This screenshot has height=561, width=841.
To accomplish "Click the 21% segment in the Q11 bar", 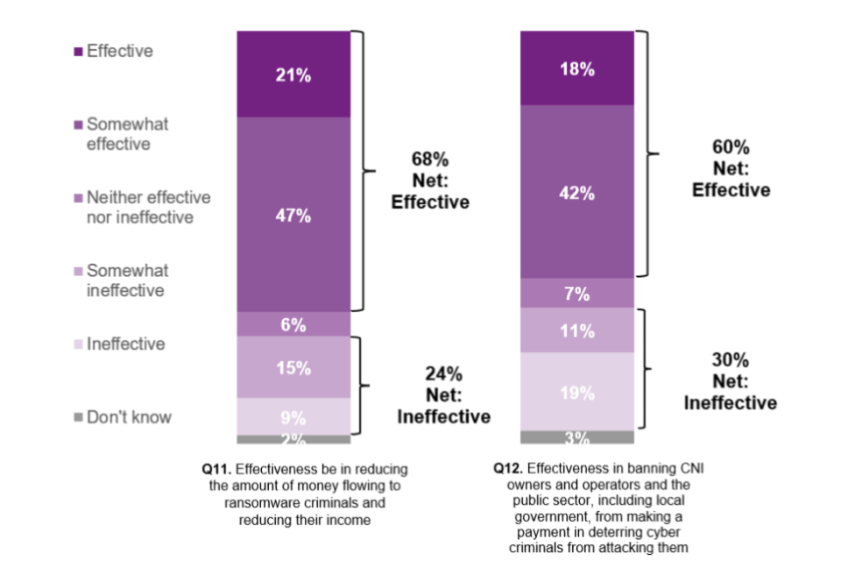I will click(x=293, y=75).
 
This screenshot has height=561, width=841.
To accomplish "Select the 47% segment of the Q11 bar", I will click(x=293, y=215).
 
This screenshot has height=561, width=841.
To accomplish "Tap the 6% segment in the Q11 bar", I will click(x=293, y=324).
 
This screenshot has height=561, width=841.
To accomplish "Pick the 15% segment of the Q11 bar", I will click(x=293, y=367).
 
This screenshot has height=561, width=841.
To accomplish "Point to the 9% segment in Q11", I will click(x=293, y=416).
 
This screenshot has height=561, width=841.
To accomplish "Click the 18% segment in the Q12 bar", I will click(x=577, y=68).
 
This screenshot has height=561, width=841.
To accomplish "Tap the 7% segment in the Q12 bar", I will click(x=577, y=294).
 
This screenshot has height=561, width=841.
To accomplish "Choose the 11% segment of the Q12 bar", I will click(x=577, y=330).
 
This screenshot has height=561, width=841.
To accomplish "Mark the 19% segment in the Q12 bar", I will click(x=577, y=392).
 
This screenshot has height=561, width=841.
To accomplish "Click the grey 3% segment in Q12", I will click(x=577, y=437).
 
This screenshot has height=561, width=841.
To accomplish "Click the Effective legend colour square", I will click(x=78, y=52).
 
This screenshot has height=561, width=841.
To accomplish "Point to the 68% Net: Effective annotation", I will click(x=430, y=181).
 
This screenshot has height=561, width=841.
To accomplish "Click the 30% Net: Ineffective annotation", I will click(x=730, y=381).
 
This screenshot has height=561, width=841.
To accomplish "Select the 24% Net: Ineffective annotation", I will click(x=444, y=395).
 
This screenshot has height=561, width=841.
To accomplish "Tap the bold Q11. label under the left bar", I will click(x=216, y=469).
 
